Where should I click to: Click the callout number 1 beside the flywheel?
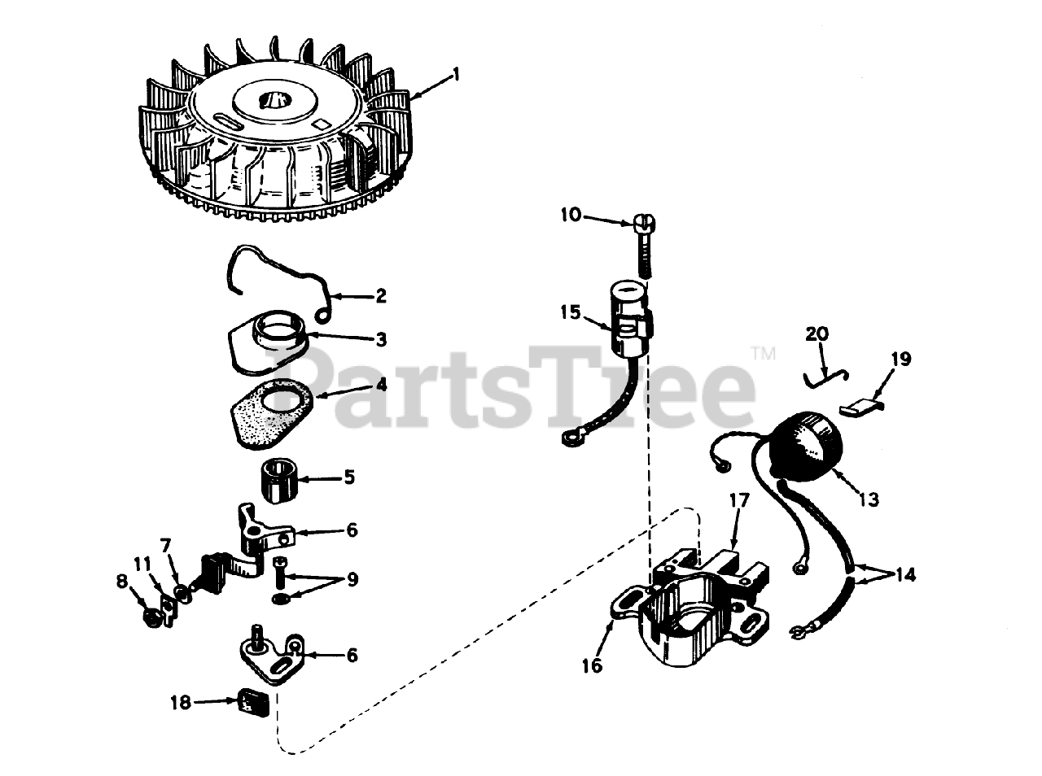click(456, 75)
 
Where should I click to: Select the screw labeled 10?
click(645, 246)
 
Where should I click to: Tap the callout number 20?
click(817, 334)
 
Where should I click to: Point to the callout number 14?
click(904, 575)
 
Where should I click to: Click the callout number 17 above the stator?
click(739, 500)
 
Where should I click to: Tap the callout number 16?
click(593, 666)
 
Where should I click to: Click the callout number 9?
click(352, 579)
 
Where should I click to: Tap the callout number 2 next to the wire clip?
click(381, 296)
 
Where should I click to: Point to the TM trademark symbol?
click(763, 353)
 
